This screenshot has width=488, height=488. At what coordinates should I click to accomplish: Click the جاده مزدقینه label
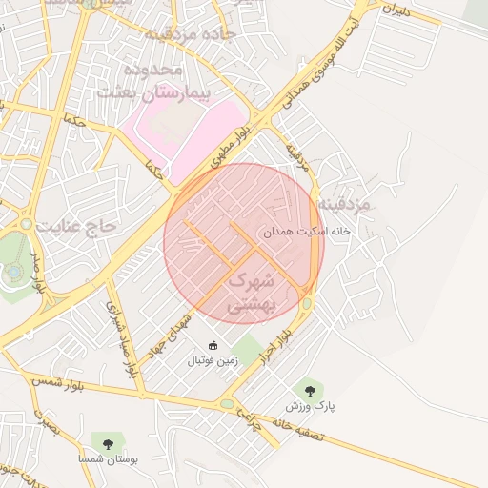pyautogui.click(x=183, y=34)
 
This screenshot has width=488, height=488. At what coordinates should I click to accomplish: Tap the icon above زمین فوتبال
pyautogui.click(x=213, y=345)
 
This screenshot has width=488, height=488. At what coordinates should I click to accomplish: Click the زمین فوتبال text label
pyautogui.click(x=213, y=361)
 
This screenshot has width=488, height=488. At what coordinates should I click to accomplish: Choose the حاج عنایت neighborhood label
pyautogui.click(x=76, y=225)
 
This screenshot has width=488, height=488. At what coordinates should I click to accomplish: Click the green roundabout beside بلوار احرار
pyautogui.click(x=307, y=304)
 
